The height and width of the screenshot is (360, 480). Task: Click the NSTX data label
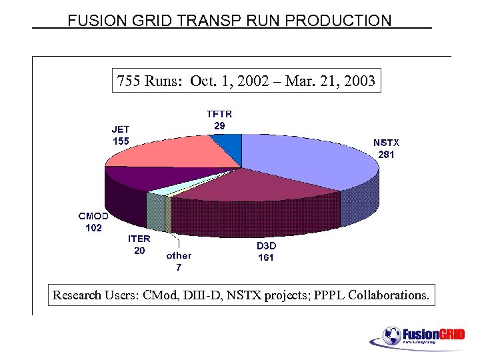pos(386,143)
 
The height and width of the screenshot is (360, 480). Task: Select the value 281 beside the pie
pos(386,154)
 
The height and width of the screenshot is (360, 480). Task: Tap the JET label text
pos(121,129)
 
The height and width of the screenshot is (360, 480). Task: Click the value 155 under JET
pos(121,141)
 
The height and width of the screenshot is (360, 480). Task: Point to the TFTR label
pos(219,114)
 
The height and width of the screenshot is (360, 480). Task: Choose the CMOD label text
pos(93,216)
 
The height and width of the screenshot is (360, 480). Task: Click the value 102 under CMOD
pos(93,227)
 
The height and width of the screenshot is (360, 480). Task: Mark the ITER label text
pos(139,239)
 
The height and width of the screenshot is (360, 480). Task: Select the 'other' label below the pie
pos(179,255)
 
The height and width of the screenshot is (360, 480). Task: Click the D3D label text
pos(266,246)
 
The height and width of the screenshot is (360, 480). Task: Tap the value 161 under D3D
pos(266,257)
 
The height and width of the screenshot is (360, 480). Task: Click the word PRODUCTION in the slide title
pos(338,20)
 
